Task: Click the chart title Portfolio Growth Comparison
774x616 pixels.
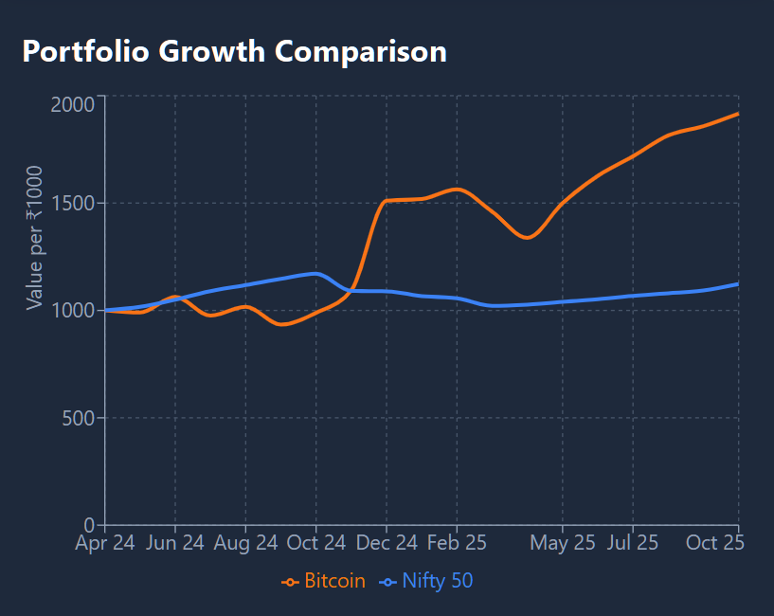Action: pyautogui.click(x=234, y=51)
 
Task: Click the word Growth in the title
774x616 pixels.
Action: pyautogui.click(x=211, y=51)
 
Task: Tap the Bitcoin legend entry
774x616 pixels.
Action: pyautogui.click(x=324, y=581)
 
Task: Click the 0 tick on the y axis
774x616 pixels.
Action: pyautogui.click(x=90, y=525)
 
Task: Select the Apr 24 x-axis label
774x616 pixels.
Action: pyautogui.click(x=106, y=543)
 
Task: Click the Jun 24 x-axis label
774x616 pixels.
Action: pyautogui.click(x=175, y=543)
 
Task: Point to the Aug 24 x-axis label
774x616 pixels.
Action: pyautogui.click(x=245, y=543)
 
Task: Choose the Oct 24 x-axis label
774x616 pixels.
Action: pyautogui.click(x=315, y=543)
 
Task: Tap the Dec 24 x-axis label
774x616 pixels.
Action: pyautogui.click(x=386, y=543)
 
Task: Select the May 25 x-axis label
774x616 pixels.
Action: pyautogui.click(x=563, y=543)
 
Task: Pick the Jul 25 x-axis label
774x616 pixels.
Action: pyautogui.click(x=632, y=543)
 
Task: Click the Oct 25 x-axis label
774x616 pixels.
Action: pyautogui.click(x=714, y=543)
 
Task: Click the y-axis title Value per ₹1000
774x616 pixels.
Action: pyautogui.click(x=35, y=237)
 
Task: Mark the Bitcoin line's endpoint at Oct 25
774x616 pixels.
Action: pyautogui.click(x=738, y=114)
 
